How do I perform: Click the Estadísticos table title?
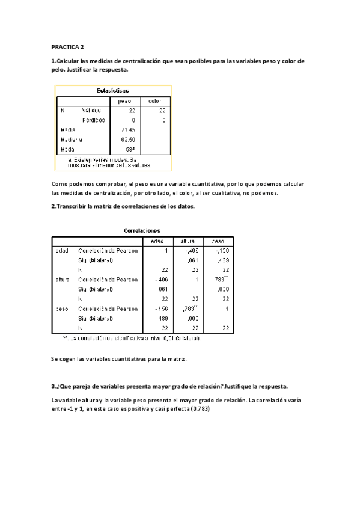[113, 90]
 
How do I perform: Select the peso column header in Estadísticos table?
[125, 101]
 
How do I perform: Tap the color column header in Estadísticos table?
[156, 101]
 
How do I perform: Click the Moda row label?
[67, 149]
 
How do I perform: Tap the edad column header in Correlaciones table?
[157, 241]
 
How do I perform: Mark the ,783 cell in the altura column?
[190, 309]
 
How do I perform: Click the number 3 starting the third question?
[54, 386]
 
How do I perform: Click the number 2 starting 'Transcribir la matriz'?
[54, 206]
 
